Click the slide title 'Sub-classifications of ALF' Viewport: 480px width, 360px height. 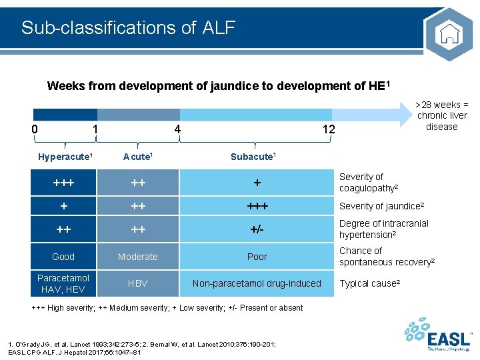pyautogui.click(x=128, y=27)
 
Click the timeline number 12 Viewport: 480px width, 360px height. pyautogui.click(x=329, y=129)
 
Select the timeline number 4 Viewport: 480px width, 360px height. pyautogui.click(x=177, y=129)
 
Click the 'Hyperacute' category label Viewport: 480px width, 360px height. pyautogui.click(x=65, y=157)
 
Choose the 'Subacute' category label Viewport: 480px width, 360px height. pyautogui.click(x=253, y=157)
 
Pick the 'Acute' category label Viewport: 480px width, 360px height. pyautogui.click(x=137, y=157)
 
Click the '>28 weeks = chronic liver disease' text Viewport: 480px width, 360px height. pyautogui.click(x=442, y=115)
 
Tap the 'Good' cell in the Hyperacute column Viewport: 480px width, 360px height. pyautogui.click(x=63, y=257)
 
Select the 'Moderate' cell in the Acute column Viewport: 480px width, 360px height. pyautogui.click(x=138, y=257)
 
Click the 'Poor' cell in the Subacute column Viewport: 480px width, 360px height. pyautogui.click(x=257, y=257)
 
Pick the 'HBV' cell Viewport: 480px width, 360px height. pyautogui.click(x=138, y=283)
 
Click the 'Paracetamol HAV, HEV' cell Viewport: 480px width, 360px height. pyautogui.click(x=63, y=283)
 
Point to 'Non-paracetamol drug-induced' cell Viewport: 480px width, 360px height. pyautogui.click(x=257, y=283)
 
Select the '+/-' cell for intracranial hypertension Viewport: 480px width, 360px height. pyautogui.click(x=257, y=230)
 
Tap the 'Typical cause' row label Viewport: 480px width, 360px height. pyautogui.click(x=369, y=283)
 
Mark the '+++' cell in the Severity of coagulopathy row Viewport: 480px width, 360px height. pyautogui.click(x=63, y=183)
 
